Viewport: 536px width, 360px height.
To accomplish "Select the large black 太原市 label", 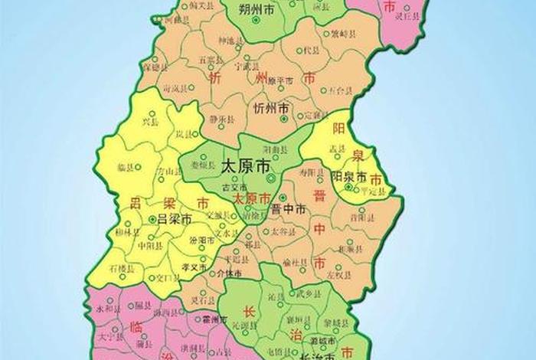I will tap(245, 165).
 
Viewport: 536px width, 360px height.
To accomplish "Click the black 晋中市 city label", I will tap(289, 209).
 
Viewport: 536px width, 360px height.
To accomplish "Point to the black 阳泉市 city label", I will tap(348, 176).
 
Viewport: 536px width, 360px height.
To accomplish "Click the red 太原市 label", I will tap(251, 198).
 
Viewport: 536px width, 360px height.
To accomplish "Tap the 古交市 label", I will tap(230, 188).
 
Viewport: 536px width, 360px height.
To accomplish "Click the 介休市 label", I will tap(231, 273).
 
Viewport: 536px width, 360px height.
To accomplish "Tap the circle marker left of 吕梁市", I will tap(153, 219).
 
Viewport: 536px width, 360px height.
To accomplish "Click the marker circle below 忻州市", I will tap(284, 119).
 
